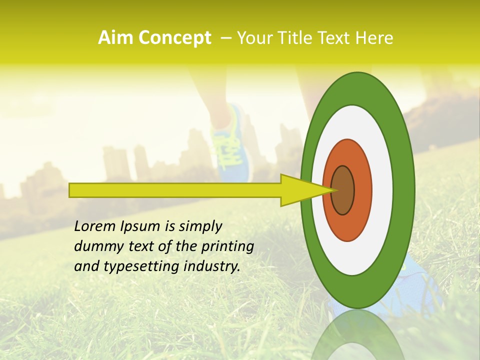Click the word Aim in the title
click(x=116, y=38)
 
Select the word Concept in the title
click(x=174, y=38)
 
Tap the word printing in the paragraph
click(x=227, y=247)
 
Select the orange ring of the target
click(x=362, y=190)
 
